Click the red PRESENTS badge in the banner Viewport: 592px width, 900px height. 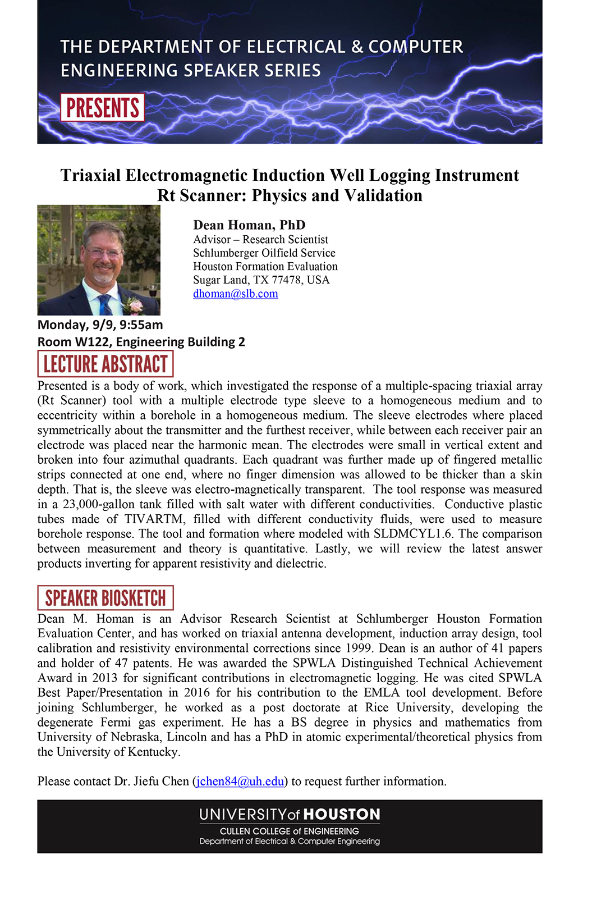click(102, 108)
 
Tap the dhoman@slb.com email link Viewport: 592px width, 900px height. click(235, 294)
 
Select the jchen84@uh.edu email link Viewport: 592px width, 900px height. click(240, 782)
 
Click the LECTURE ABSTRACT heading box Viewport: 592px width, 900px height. click(105, 364)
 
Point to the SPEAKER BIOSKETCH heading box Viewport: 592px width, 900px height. click(105, 598)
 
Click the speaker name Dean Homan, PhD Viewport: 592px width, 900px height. click(249, 225)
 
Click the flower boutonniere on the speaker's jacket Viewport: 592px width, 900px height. click(135, 305)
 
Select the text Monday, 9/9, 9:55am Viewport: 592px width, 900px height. click(100, 325)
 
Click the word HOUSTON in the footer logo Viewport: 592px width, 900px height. click(342, 815)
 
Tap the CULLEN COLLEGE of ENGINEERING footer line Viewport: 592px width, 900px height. click(289, 831)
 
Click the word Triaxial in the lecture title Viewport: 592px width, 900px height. click(90, 176)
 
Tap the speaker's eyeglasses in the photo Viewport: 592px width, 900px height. click(104, 253)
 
